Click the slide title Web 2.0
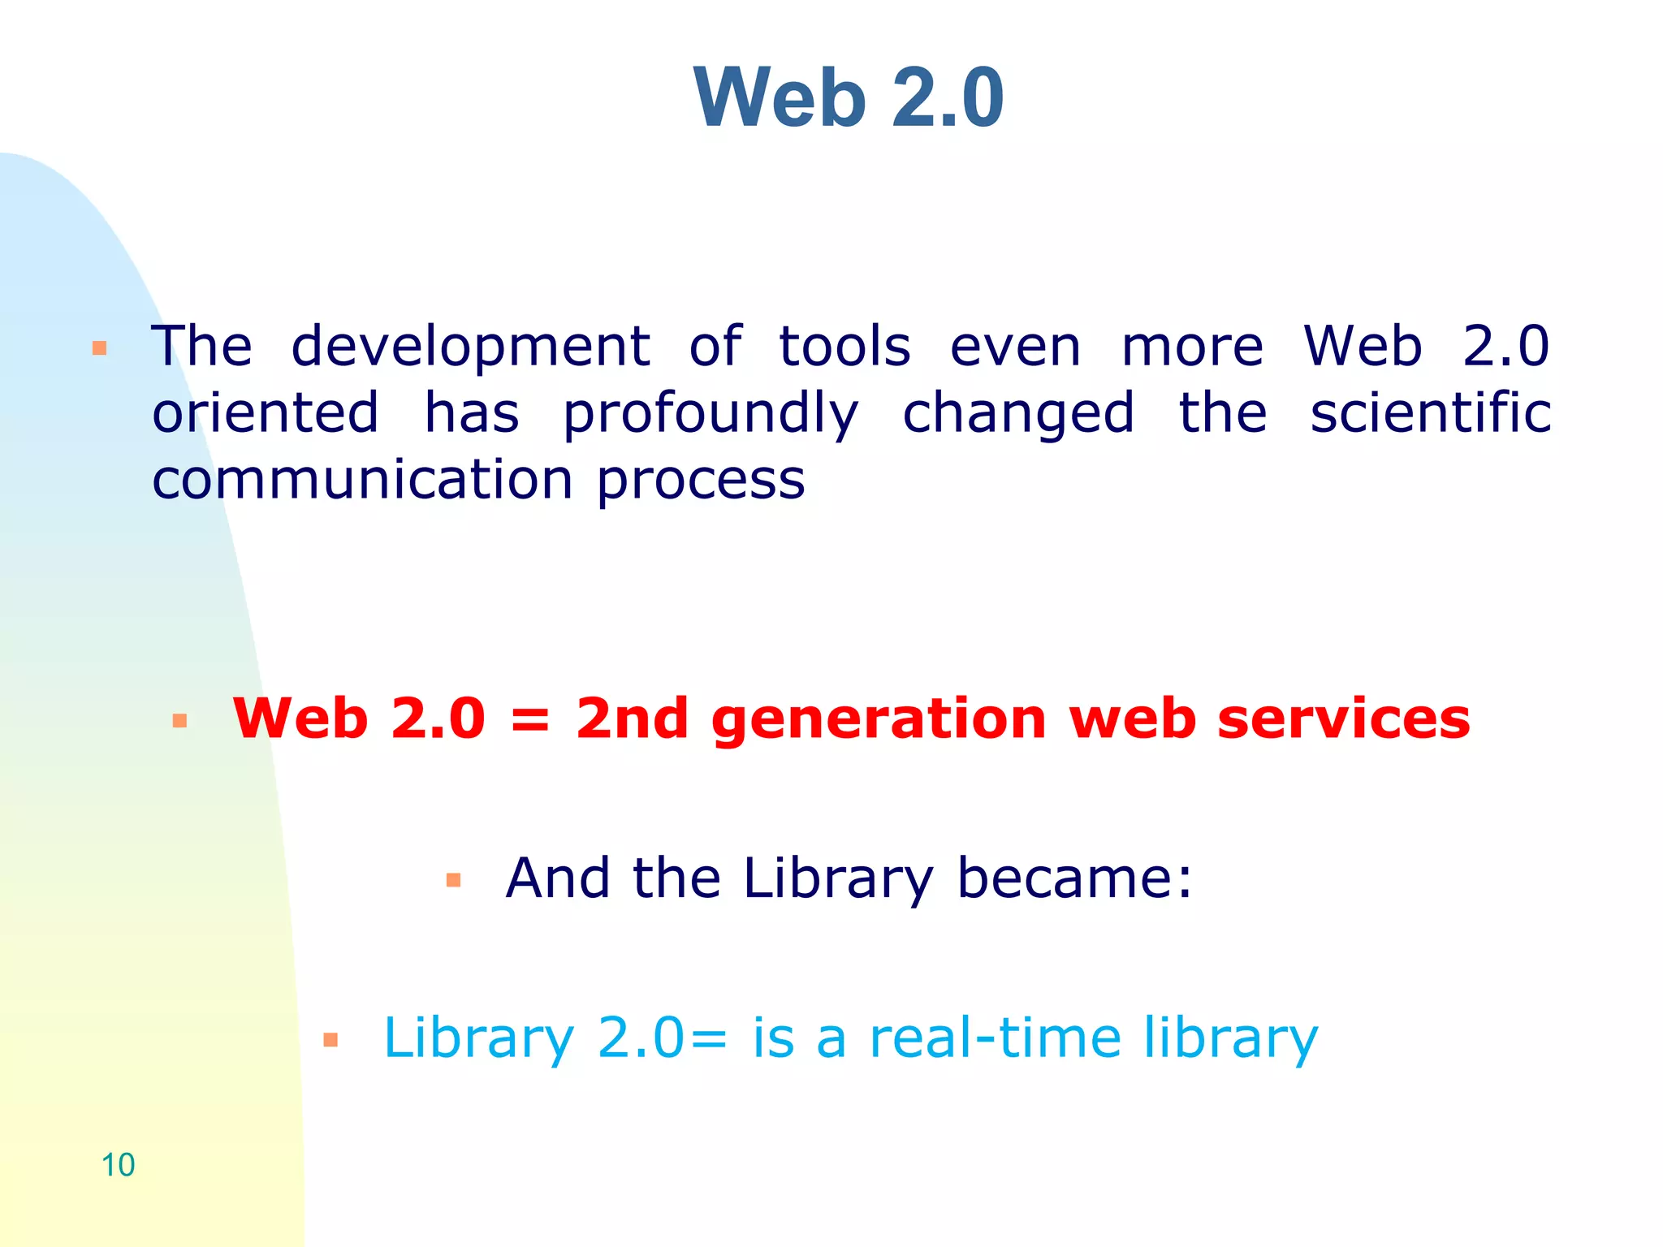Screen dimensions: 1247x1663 click(x=849, y=97)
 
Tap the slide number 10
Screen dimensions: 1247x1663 click(x=118, y=1165)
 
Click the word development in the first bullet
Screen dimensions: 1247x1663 click(x=470, y=347)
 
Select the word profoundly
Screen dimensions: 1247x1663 click(x=711, y=414)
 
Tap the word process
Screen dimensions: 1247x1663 click(x=701, y=481)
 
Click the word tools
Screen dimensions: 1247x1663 click(x=844, y=347)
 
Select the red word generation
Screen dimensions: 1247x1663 click(x=879, y=721)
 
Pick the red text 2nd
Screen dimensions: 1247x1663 click(x=632, y=719)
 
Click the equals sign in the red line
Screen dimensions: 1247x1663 click(x=530, y=721)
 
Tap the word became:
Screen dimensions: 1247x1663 click(x=1074, y=878)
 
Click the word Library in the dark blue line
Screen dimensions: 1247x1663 click(x=837, y=880)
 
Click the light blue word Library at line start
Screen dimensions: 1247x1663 click(x=478, y=1040)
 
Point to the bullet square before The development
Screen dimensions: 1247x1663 click(x=99, y=349)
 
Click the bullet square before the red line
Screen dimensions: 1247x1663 click(x=179, y=721)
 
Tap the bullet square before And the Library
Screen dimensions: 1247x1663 click(x=453, y=880)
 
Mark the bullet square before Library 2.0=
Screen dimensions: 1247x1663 click(x=330, y=1040)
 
